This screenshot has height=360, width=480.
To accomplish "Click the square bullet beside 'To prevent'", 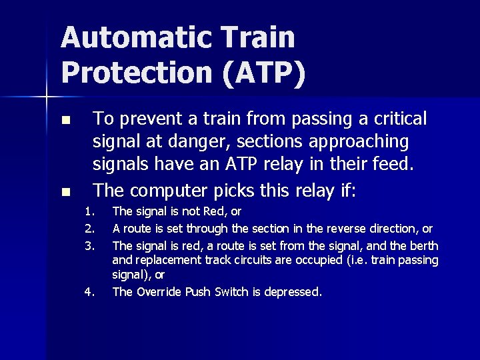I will click(65, 121).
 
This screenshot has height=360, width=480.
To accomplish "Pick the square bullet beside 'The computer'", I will click(65, 193).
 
